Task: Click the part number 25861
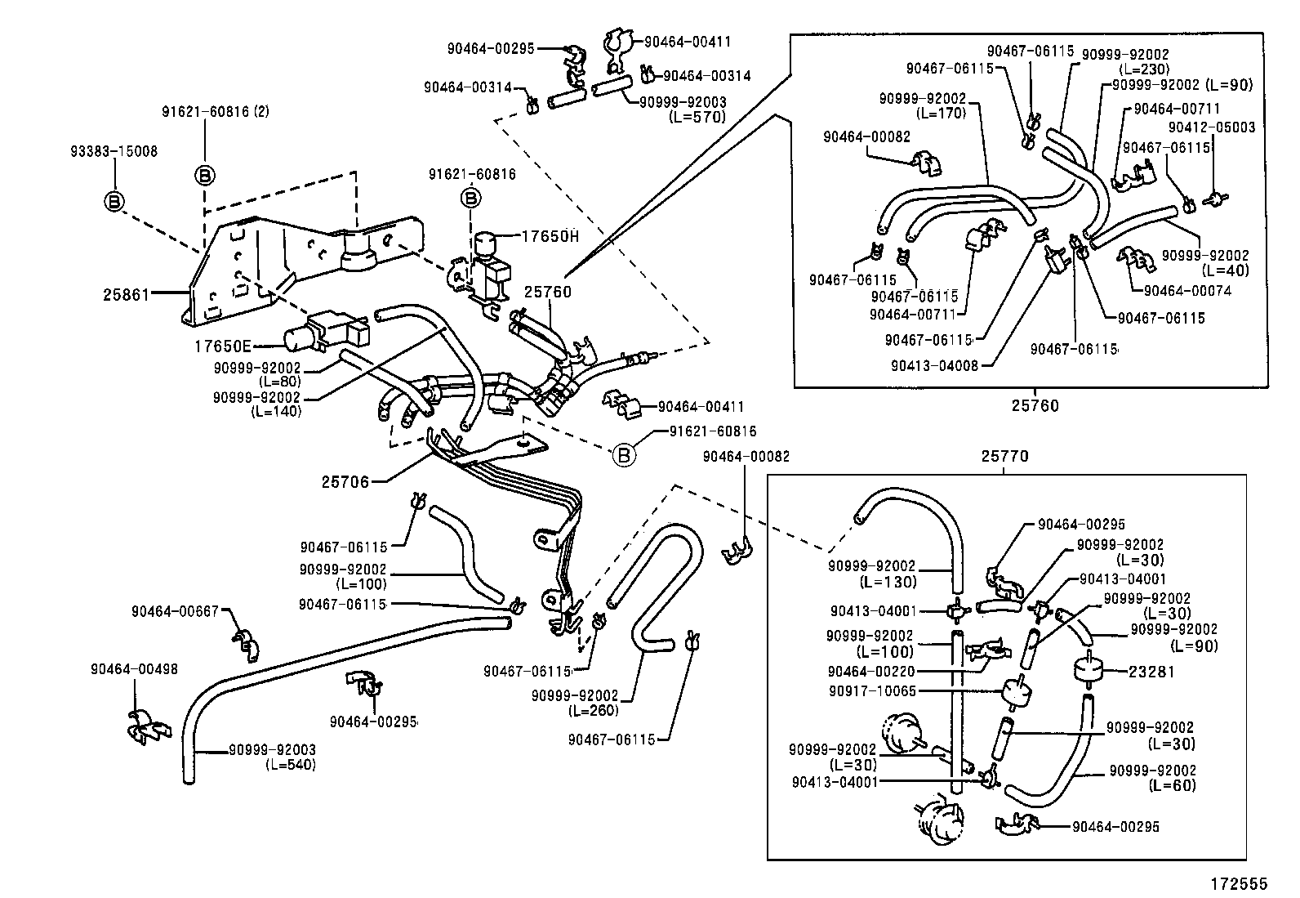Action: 127,293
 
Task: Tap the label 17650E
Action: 221,346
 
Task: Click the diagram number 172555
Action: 1239,883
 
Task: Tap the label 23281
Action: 1151,672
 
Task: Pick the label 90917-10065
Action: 870,690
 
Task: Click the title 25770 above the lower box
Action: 1006,456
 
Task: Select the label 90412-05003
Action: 1212,127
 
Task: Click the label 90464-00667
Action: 176,610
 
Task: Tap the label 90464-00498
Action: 134,668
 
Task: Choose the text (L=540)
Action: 290,765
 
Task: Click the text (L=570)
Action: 697,116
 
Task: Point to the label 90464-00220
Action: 871,671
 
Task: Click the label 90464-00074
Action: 1187,290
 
